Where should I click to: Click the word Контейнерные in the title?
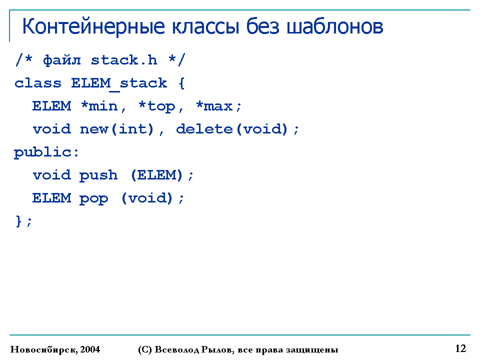pos(93,26)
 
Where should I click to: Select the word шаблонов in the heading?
pos(334,26)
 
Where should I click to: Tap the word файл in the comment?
pos(62,60)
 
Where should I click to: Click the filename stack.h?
pos(124,60)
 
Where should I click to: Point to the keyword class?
pos(38,83)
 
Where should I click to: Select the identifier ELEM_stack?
pos(119,83)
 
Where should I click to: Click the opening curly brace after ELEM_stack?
pos(181,83)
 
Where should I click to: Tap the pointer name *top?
pos(156,106)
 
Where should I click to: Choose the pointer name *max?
pos(214,106)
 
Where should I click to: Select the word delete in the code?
pos(204,129)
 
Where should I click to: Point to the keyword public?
pos(42,152)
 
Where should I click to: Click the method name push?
pos(98,175)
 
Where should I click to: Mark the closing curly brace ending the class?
pos(18,221)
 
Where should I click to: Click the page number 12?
pos(460,348)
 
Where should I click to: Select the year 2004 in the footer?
pos(90,349)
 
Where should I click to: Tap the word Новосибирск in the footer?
pos(43,349)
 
